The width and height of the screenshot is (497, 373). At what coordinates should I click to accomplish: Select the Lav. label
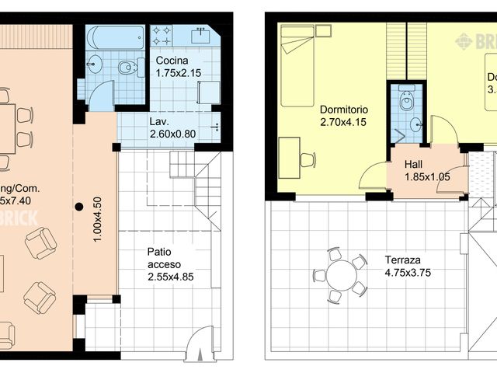(159, 122)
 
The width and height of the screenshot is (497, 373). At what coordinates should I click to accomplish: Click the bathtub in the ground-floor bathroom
(116, 37)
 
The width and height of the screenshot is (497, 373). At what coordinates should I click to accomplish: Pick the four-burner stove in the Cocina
(162, 35)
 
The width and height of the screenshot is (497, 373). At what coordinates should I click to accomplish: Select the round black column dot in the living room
(78, 207)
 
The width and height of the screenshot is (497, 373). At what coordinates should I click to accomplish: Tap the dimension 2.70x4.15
(343, 122)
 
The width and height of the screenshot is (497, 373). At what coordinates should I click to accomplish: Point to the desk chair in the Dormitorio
(307, 160)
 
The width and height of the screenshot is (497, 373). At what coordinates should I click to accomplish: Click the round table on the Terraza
(339, 275)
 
